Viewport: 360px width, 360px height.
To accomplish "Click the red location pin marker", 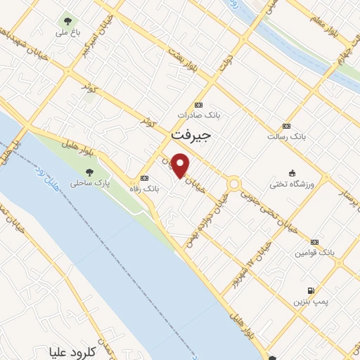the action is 181,165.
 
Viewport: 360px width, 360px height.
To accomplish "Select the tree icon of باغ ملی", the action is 67,21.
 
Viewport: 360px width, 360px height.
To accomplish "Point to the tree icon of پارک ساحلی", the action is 89,172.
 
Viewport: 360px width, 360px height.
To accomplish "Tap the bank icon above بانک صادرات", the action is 199,103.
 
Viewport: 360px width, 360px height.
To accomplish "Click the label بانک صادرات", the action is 199,114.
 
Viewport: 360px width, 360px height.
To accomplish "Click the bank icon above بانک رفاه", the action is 145,177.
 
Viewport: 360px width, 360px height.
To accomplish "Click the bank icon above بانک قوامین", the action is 314,240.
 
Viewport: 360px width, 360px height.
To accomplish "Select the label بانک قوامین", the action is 314,252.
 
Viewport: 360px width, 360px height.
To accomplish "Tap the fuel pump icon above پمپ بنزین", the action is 309,290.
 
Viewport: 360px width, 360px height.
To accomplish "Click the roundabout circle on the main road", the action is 233,184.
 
